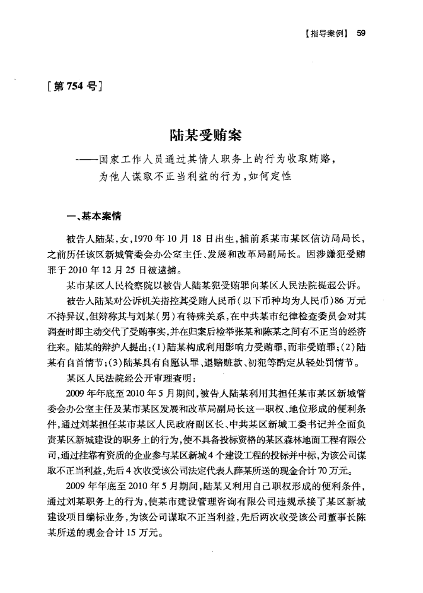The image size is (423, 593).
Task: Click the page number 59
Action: [x=361, y=34]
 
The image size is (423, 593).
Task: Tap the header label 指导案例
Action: [x=325, y=34]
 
